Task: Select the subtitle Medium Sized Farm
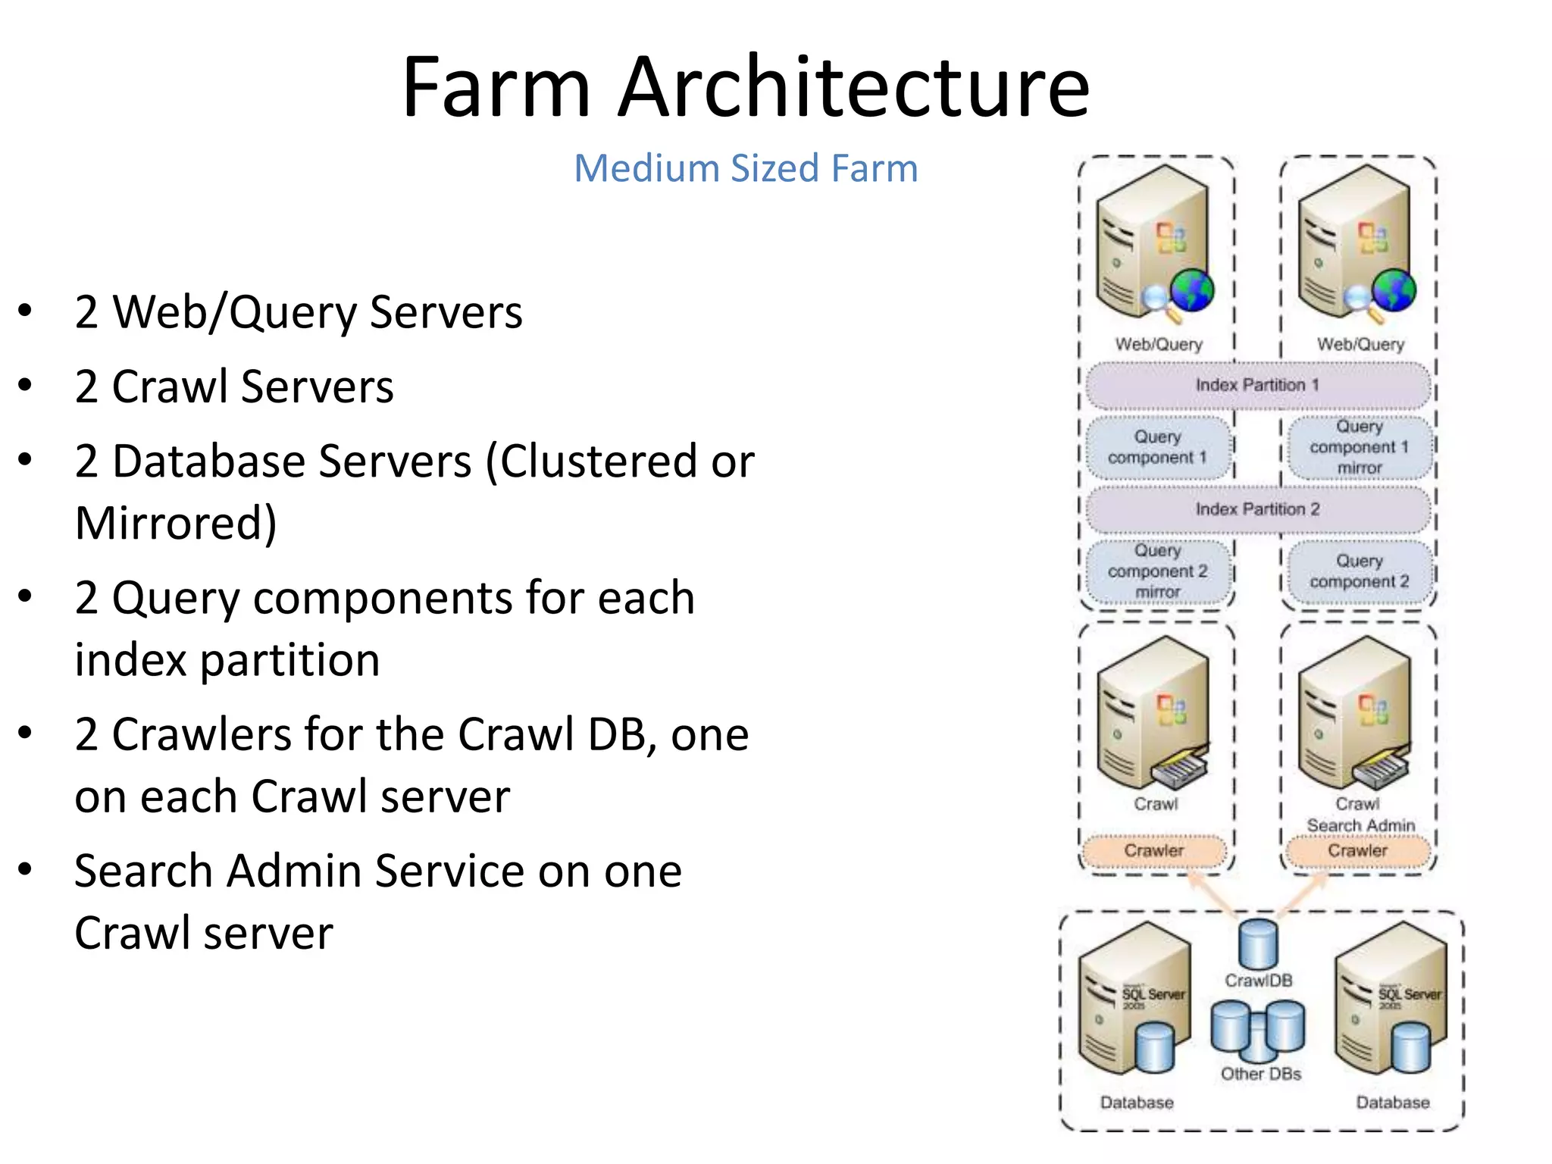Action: [x=746, y=168]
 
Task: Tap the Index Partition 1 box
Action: [x=1257, y=385]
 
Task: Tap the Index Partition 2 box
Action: [x=1257, y=509]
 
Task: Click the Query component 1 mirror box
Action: [x=1359, y=448]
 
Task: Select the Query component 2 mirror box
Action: [x=1157, y=571]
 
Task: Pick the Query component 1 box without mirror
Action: [x=1157, y=448]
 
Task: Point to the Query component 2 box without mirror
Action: [x=1359, y=571]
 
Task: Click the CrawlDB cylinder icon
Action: [x=1258, y=943]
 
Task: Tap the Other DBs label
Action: [x=1260, y=1074]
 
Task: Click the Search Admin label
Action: [x=1360, y=825]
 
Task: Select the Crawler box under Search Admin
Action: [x=1357, y=851]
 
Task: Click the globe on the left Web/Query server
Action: [x=1191, y=290]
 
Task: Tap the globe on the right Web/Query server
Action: [x=1394, y=290]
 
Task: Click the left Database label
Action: [x=1137, y=1103]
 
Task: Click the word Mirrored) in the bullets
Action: [x=176, y=523]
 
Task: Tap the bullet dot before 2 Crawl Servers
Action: [x=25, y=386]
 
